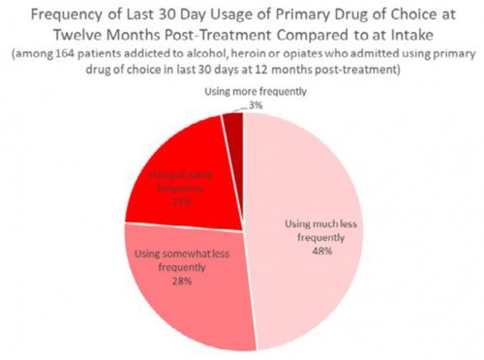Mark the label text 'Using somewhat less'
pos(166,255)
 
